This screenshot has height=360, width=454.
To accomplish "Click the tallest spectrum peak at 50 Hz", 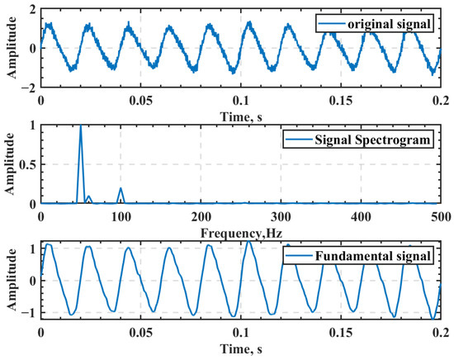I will [80, 126].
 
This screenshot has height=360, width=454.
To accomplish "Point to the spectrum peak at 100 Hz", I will [121, 188].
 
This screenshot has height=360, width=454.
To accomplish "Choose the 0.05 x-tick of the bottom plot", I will [140, 334].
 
